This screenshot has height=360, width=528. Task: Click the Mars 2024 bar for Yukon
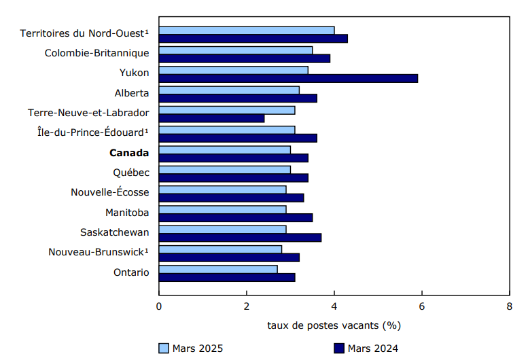point(288,78)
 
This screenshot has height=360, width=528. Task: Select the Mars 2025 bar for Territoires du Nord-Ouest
point(247,31)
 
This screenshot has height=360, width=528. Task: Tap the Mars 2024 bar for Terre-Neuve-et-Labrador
point(211,118)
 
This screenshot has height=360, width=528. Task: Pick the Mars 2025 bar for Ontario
point(218,269)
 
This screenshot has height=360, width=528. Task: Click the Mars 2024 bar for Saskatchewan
point(240,237)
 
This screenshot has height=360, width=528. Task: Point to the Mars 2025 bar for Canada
point(225,150)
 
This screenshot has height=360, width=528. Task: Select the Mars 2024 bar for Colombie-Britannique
point(245,58)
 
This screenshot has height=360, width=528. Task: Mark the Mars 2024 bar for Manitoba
point(236,217)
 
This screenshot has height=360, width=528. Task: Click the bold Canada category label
point(129,152)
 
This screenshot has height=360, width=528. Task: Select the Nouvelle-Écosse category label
point(110,192)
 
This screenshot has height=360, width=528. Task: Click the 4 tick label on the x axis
point(334,306)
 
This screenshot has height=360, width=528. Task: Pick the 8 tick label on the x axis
point(509,306)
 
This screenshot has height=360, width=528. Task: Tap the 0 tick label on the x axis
point(159,306)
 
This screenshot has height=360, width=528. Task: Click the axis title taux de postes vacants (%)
point(334,325)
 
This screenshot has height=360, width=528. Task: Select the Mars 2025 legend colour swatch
point(164,348)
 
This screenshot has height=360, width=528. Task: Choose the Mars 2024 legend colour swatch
point(339,348)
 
